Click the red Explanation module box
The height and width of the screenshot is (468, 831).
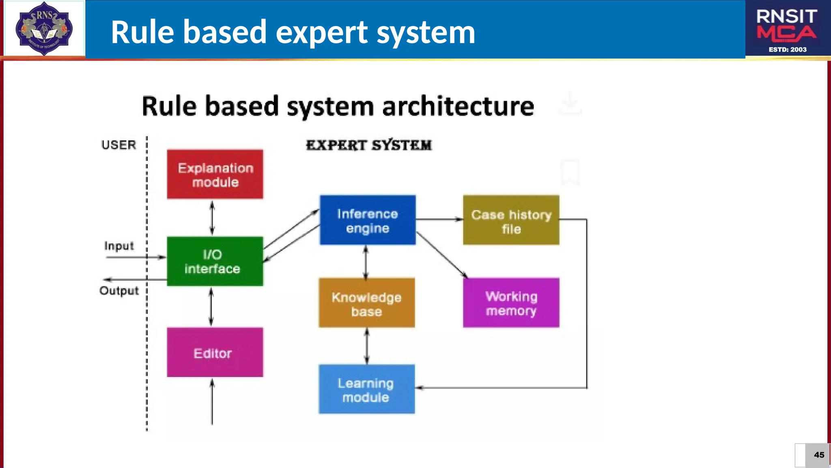pyautogui.click(x=215, y=174)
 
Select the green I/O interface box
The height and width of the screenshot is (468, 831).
pyautogui.click(x=215, y=261)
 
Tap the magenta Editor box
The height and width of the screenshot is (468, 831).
pyautogui.click(x=215, y=352)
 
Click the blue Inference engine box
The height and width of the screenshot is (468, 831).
pyautogui.click(x=367, y=220)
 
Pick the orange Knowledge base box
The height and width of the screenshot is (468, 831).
pyautogui.click(x=366, y=303)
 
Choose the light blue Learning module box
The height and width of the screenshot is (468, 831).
pyautogui.click(x=366, y=389)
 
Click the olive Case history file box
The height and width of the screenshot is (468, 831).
pyautogui.click(x=511, y=220)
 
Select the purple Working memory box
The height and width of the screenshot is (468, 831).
pyautogui.click(x=511, y=303)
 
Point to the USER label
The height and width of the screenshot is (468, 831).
pyautogui.click(x=118, y=145)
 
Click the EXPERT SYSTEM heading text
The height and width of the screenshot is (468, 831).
pyautogui.click(x=368, y=145)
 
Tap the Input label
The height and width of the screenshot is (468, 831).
pyautogui.click(x=118, y=246)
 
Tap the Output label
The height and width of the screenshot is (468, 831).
pyautogui.click(x=119, y=291)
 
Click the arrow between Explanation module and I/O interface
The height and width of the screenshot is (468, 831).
pyautogui.click(x=212, y=218)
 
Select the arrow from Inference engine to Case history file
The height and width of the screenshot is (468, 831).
pyautogui.click(x=439, y=219)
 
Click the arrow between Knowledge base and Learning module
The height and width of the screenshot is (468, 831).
pyautogui.click(x=367, y=346)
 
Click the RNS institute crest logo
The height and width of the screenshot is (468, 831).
pyautogui.click(x=44, y=28)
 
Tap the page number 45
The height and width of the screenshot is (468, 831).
pyautogui.click(x=819, y=455)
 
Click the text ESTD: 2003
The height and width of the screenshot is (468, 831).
pyautogui.click(x=787, y=50)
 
